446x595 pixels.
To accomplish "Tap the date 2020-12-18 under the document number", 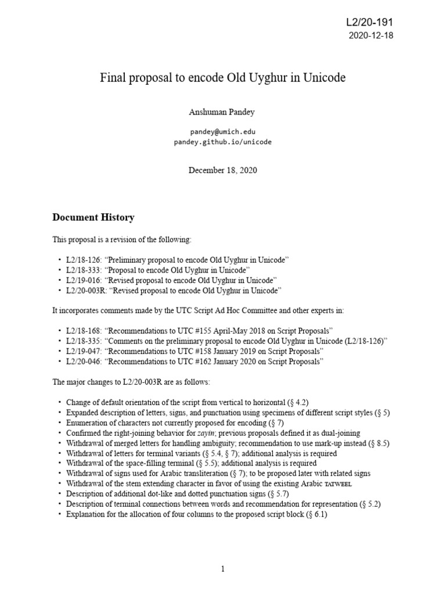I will tap(372, 36).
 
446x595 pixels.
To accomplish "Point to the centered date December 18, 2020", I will tap(222, 170).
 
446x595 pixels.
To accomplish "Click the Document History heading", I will tap(93, 217).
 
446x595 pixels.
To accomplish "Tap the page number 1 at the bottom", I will tap(223, 569).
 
